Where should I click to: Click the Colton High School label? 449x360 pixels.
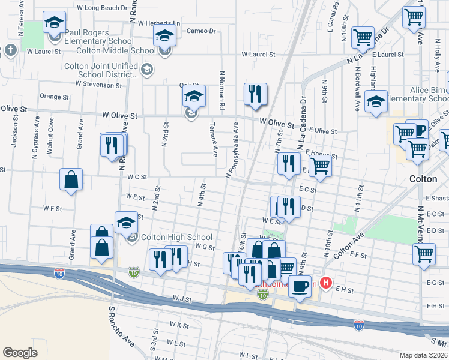click(176, 237)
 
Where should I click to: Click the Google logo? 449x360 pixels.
click(20, 352)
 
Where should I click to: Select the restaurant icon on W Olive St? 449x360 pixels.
click(255, 94)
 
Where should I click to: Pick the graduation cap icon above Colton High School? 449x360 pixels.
click(127, 223)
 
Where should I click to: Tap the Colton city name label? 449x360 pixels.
click(423, 179)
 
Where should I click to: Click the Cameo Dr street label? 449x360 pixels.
click(201, 31)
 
